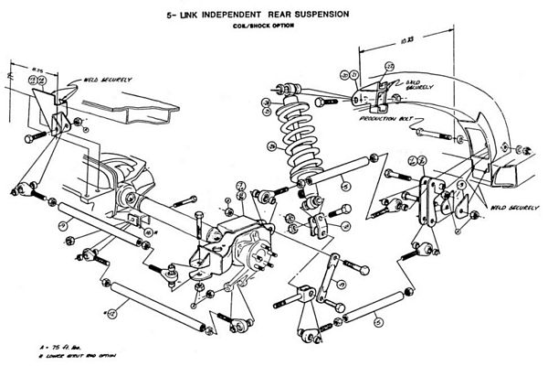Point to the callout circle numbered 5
pos(377,321)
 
